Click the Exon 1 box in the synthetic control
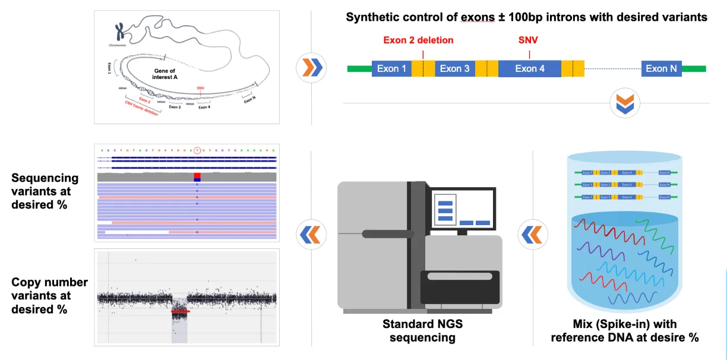391,69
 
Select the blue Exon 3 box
454,69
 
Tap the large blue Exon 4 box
529,69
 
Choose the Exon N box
661,69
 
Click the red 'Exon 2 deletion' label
418,40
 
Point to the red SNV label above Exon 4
528,40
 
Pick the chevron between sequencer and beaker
531,235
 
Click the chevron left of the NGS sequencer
310,235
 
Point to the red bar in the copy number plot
180,311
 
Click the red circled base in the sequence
198,151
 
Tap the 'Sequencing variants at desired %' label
45,191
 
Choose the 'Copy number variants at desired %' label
49,295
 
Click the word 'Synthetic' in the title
372,17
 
